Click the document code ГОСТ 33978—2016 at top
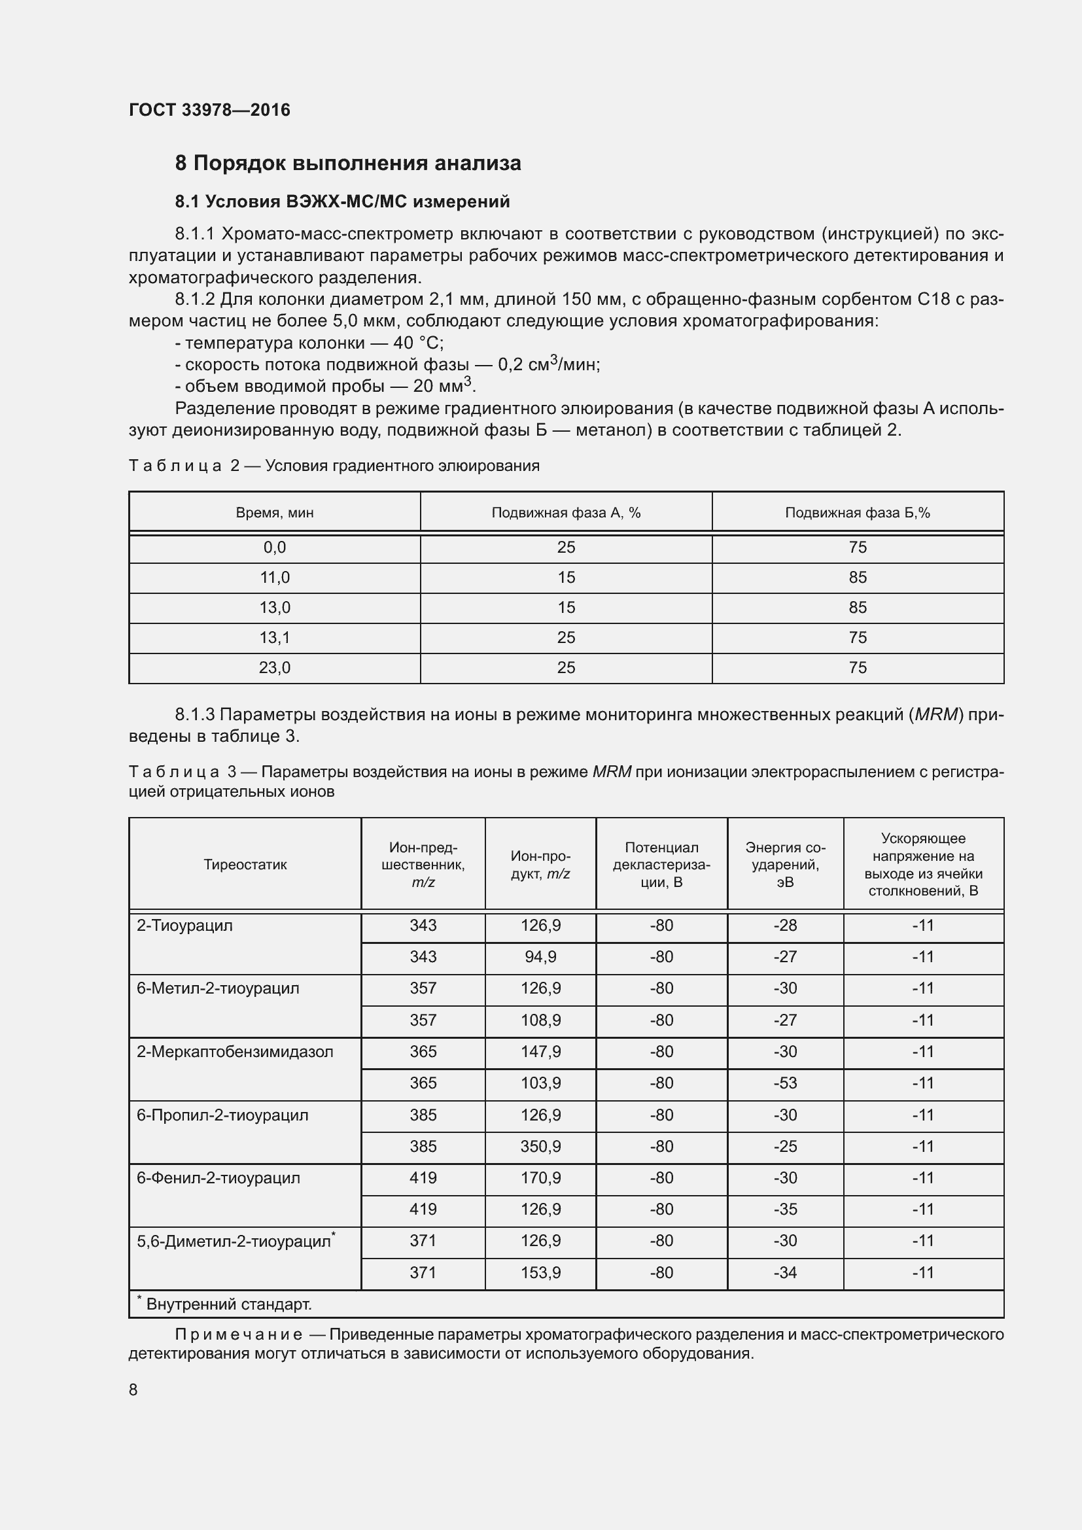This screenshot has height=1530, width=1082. point(209,110)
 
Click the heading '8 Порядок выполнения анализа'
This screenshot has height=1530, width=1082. point(348,164)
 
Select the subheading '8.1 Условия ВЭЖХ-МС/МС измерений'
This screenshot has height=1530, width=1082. point(341,201)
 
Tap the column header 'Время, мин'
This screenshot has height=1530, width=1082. point(275,512)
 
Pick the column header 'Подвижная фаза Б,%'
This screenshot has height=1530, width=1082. point(858,512)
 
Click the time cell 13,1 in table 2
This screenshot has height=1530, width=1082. point(275,638)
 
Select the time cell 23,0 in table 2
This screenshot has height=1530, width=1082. point(275,668)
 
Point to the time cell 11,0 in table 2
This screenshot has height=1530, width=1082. point(275,578)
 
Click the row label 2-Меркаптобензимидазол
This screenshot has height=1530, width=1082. point(235,1052)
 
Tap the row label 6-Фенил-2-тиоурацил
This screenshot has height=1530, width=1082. point(218,1177)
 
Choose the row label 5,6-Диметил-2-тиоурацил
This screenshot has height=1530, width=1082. point(234,1241)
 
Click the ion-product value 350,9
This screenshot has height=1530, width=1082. point(540,1146)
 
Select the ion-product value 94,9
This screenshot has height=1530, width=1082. point(540,957)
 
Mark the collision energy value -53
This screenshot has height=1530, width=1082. point(785,1083)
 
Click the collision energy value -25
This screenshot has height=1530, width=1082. point(785,1146)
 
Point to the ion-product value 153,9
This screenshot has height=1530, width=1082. point(540,1272)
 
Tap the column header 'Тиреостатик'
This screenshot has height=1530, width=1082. point(245,865)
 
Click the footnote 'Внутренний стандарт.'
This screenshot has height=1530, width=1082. point(228,1304)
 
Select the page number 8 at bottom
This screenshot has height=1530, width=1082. point(133,1389)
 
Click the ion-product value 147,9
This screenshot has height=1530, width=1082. point(540,1052)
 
